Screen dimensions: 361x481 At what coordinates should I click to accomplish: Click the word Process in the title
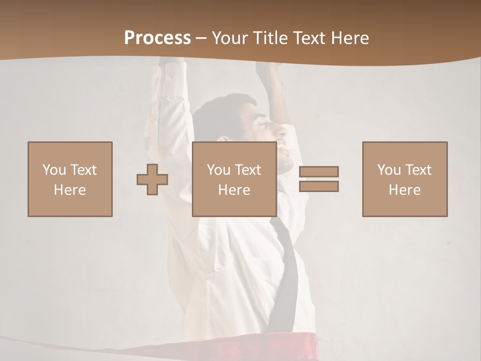(x=157, y=38)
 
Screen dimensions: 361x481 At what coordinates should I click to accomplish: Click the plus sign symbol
(x=152, y=179)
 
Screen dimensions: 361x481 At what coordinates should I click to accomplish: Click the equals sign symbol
(x=319, y=179)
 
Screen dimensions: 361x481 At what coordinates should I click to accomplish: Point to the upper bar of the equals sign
(x=319, y=172)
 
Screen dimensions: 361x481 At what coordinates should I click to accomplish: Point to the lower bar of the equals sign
(x=319, y=186)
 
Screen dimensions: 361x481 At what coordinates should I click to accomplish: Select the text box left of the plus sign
(x=70, y=179)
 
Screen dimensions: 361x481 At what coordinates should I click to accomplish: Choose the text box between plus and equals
(x=234, y=179)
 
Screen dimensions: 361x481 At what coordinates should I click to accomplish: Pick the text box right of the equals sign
(x=405, y=179)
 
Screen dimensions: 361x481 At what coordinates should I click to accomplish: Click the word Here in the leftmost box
(x=70, y=190)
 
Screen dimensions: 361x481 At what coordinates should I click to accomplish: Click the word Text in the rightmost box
(x=418, y=170)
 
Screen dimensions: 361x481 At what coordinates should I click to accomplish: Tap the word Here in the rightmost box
(x=405, y=190)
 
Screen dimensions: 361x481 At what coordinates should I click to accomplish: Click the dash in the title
(x=201, y=38)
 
